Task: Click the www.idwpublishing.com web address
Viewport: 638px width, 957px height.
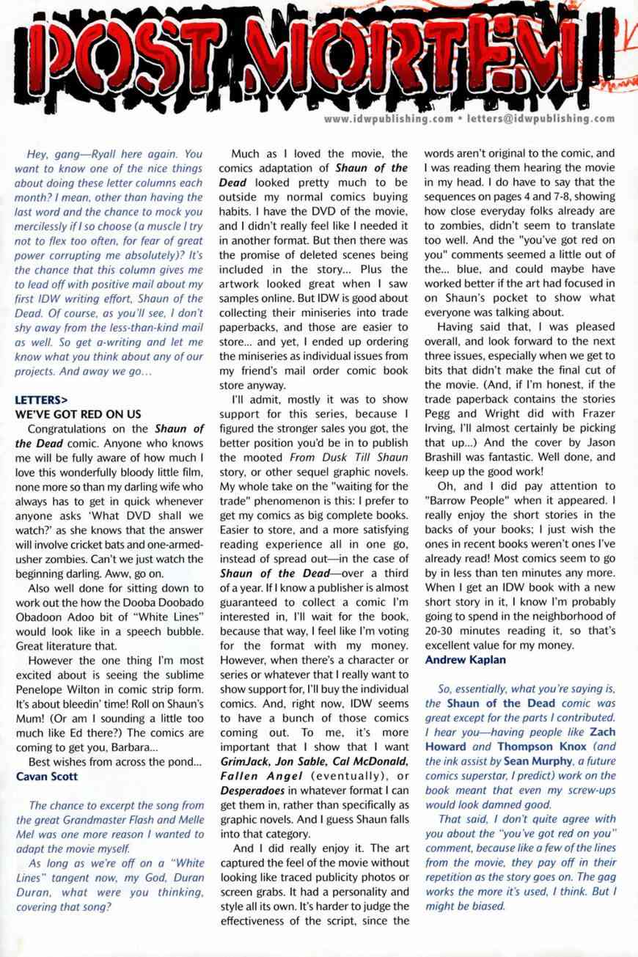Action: [x=388, y=118]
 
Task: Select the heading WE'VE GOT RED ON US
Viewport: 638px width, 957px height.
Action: [x=78, y=414]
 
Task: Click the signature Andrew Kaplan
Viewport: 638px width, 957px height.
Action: [x=465, y=659]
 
